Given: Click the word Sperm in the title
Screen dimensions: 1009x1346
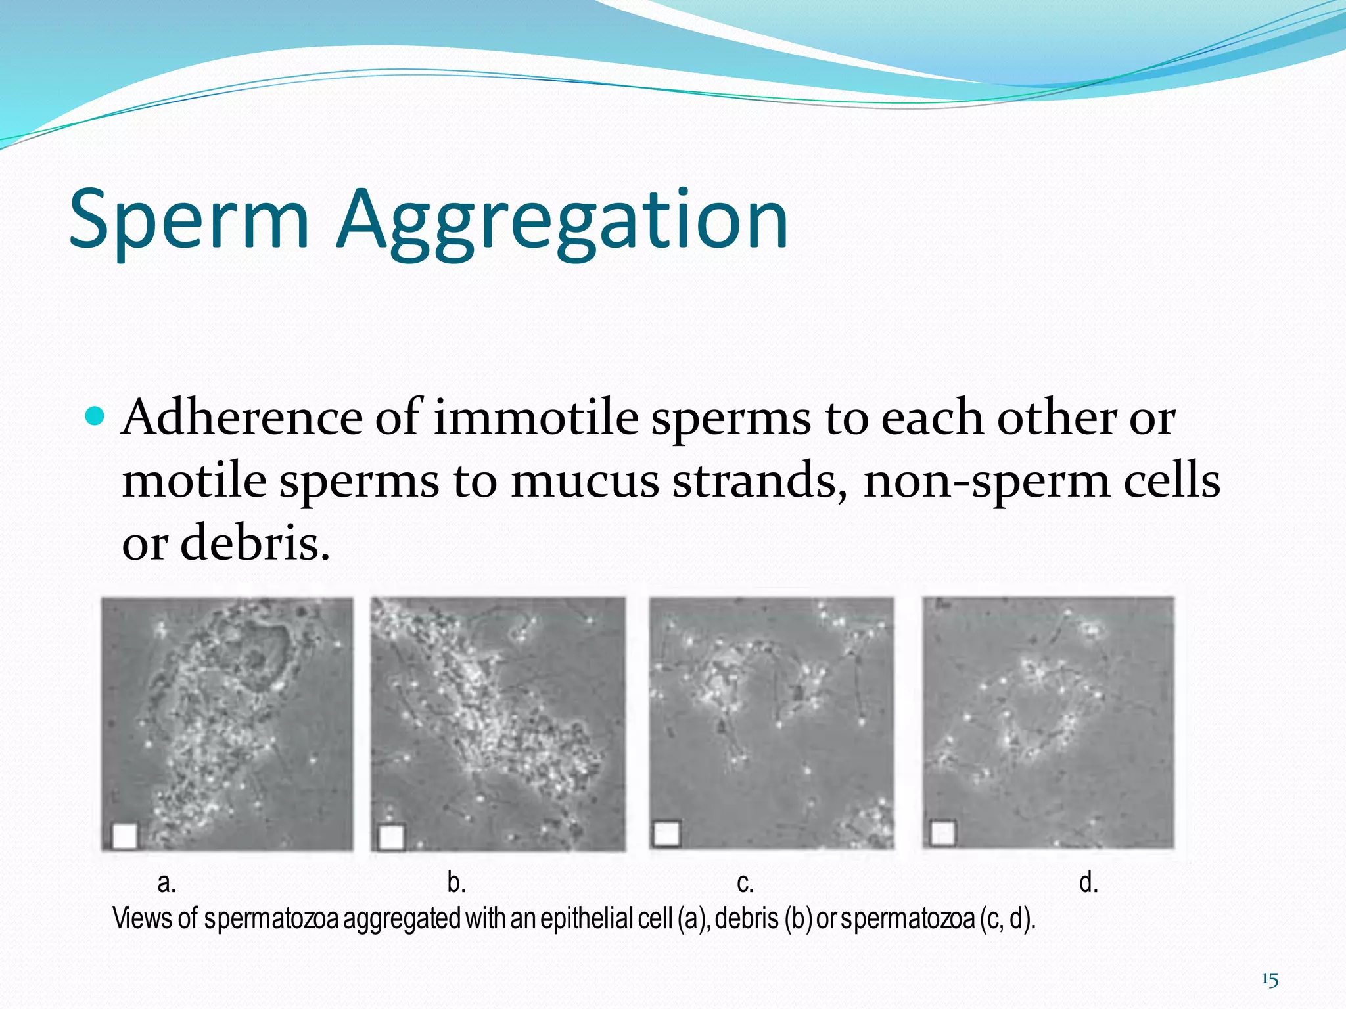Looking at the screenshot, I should click(189, 220).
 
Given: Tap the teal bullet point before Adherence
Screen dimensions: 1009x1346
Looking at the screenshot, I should click(95, 416).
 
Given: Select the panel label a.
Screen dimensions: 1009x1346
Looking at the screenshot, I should click(166, 882).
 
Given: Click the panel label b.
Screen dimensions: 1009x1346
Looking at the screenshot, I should click(456, 882).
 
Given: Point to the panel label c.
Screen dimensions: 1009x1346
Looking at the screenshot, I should click(745, 882).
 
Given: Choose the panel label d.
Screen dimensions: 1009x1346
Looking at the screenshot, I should click(1088, 882).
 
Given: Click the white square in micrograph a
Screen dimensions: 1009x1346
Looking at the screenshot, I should click(125, 836).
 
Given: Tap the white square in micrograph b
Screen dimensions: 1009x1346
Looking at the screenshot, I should click(392, 837).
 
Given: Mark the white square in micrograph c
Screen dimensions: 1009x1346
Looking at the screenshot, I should click(666, 834).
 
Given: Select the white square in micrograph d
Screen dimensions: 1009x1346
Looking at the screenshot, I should click(943, 834).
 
